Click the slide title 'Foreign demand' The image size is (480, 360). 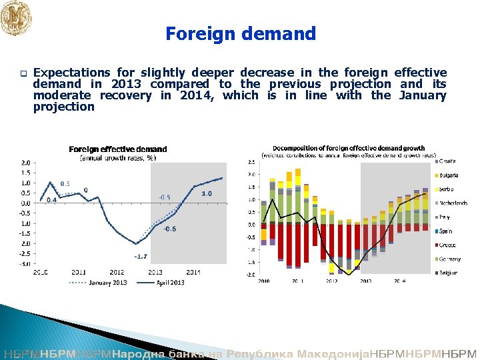240,33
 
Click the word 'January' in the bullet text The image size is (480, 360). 423,95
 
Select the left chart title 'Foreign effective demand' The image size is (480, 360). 117,149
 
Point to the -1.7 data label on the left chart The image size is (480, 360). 141,256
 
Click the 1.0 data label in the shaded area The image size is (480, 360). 207,193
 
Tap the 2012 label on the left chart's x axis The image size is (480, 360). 117,272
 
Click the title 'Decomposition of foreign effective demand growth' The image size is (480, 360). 349,147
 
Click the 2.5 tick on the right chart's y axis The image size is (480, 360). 251,161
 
